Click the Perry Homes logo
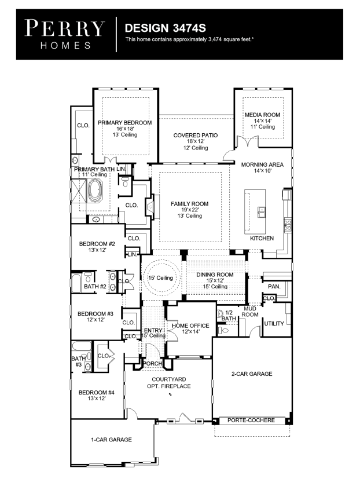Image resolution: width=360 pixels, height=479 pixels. [65, 34]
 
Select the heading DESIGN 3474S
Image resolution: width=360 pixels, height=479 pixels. [165, 28]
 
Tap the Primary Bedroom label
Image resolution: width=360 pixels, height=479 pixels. [124, 123]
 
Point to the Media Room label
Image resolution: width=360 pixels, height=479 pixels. [262, 115]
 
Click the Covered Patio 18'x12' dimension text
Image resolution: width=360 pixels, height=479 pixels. [196, 141]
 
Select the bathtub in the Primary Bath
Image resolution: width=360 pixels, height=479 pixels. [95, 191]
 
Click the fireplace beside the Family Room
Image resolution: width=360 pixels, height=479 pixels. [150, 206]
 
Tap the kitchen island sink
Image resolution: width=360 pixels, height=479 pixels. [261, 211]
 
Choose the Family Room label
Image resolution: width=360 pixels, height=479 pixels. [189, 204]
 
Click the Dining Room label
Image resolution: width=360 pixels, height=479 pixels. [215, 275]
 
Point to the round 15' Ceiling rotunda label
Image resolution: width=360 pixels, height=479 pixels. [160, 278]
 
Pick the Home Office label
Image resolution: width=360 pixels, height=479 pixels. [190, 326]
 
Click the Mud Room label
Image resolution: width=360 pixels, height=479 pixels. [250, 312]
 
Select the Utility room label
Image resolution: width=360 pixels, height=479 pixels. [274, 324]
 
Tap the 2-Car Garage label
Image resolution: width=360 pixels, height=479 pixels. [252, 374]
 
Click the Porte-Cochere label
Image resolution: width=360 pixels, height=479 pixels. [251, 421]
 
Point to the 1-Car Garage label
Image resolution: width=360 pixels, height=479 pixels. [112, 440]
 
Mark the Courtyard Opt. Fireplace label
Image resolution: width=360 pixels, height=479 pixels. [169, 383]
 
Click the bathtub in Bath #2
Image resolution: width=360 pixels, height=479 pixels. [76, 283]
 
